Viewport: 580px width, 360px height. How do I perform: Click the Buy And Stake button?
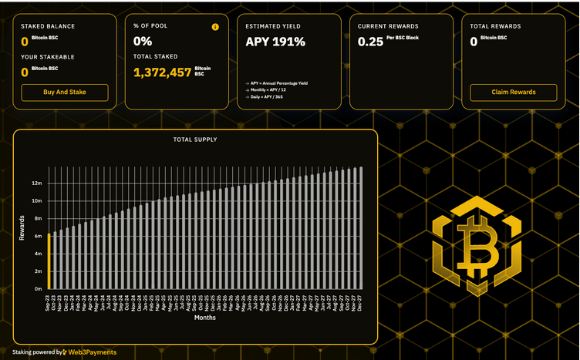[x=65, y=93]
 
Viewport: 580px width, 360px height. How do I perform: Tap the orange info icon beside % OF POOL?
[x=215, y=26]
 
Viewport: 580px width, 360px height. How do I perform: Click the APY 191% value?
[x=275, y=42]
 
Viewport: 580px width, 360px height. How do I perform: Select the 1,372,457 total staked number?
[x=162, y=72]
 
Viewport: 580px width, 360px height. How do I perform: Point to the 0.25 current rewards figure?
[x=370, y=42]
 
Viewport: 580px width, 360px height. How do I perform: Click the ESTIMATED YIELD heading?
[x=273, y=26]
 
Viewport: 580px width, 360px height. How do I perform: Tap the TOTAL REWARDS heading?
[x=495, y=26]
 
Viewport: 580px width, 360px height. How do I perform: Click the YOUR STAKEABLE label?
[x=48, y=57]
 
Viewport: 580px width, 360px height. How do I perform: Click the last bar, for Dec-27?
[x=361, y=227]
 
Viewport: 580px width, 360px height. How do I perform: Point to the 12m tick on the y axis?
[x=36, y=183]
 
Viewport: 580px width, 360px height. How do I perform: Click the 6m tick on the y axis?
[x=37, y=236]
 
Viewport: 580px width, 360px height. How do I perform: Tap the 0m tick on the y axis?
[x=37, y=289]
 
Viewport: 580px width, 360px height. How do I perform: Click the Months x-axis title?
[x=205, y=318]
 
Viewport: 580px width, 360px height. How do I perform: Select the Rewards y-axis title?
[x=22, y=227]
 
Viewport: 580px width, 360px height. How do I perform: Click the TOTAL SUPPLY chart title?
[x=195, y=140]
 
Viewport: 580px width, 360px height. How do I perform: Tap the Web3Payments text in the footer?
[x=92, y=352]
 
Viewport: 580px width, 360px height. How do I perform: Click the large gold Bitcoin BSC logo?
[x=476, y=246]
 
